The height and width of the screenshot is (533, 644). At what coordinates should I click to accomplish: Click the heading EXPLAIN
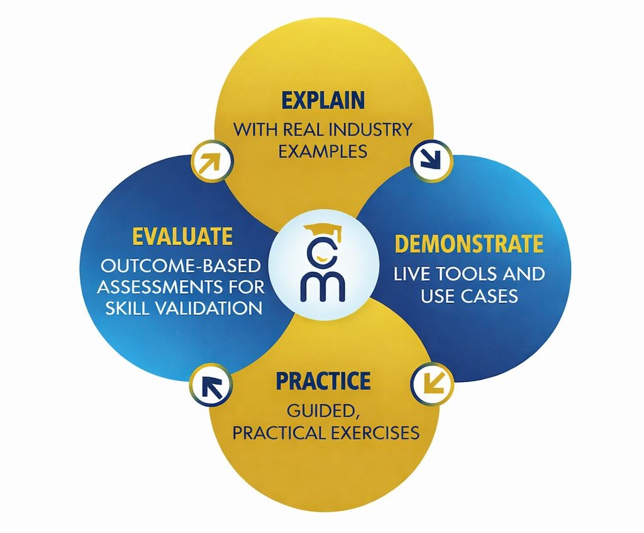[323, 101]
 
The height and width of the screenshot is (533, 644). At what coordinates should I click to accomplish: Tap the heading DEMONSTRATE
[469, 244]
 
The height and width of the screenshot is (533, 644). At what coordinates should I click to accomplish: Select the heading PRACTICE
[323, 381]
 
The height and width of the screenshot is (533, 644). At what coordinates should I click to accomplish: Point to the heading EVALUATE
[182, 237]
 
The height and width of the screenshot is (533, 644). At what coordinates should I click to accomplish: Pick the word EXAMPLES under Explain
[323, 152]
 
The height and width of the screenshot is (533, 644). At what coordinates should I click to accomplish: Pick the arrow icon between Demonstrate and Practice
[432, 382]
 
